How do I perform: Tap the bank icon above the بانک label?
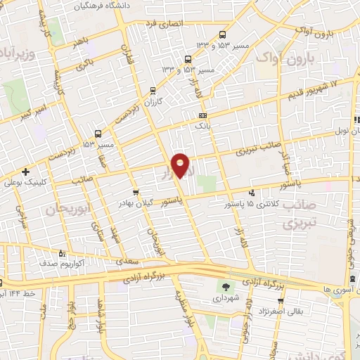tap(203, 115)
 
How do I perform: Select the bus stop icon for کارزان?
tap(153, 90)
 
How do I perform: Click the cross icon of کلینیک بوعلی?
tap(26, 172)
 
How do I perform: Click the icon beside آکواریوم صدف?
tap(61, 253)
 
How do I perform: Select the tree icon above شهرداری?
tap(226, 287)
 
